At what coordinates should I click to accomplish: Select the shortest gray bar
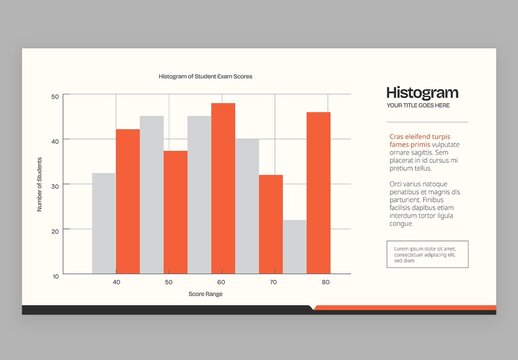(294, 247)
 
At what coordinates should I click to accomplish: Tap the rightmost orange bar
(318, 193)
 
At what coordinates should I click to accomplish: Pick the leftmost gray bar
(104, 223)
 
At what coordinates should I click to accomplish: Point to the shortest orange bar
(270, 224)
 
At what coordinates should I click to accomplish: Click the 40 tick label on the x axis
(116, 283)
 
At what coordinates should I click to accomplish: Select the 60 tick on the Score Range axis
(221, 283)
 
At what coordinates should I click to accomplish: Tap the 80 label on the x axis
(325, 283)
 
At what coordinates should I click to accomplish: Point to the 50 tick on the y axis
(55, 97)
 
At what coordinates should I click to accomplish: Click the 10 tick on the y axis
(55, 275)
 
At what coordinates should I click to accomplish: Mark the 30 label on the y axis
(55, 186)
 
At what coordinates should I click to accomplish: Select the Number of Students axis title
(40, 185)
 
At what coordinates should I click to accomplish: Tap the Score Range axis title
(205, 294)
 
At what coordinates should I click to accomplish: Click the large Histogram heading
(422, 93)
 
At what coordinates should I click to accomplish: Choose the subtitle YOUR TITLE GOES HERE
(418, 105)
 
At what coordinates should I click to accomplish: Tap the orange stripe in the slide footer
(405, 308)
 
